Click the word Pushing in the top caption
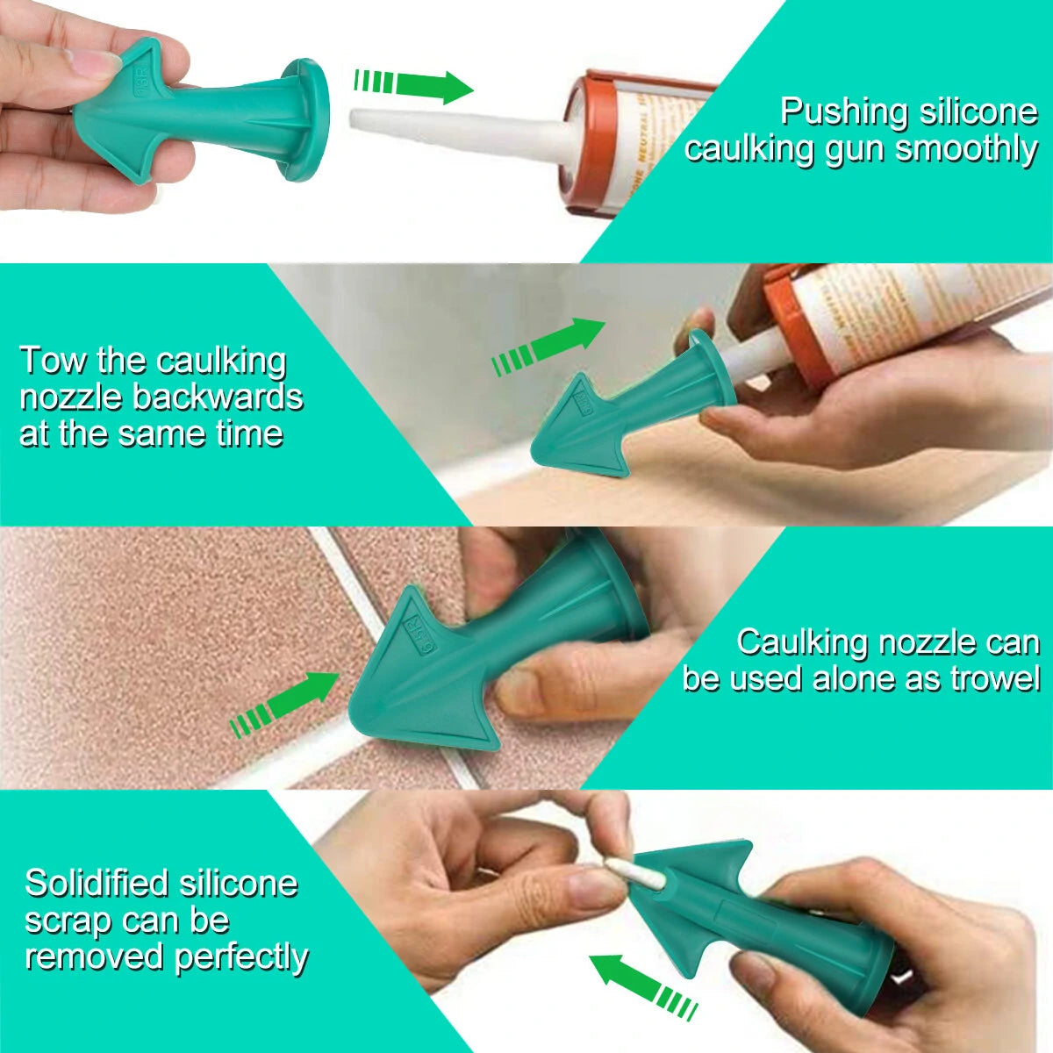coord(844,112)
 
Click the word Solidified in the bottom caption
coord(95,883)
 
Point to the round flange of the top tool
coord(307,118)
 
